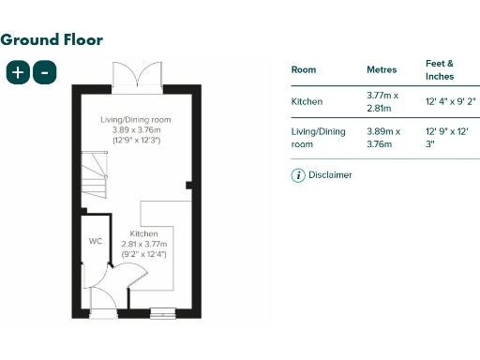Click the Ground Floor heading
point(52,39)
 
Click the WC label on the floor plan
point(95,241)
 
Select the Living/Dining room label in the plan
point(136,121)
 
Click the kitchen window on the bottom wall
point(163,313)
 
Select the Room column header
point(304,69)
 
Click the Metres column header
point(382,69)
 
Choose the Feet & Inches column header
point(439,68)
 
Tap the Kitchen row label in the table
point(307,100)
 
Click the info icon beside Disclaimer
point(299,175)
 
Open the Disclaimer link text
point(331,175)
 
